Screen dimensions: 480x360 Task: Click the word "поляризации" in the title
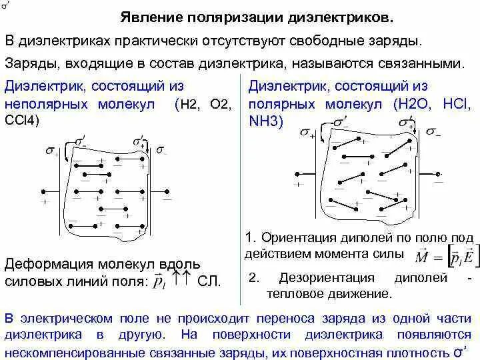tap(229, 17)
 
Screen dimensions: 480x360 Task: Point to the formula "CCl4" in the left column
tap(23, 121)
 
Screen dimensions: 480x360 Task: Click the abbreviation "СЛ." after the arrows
tap(209, 280)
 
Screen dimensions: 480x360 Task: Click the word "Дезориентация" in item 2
tap(309, 277)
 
